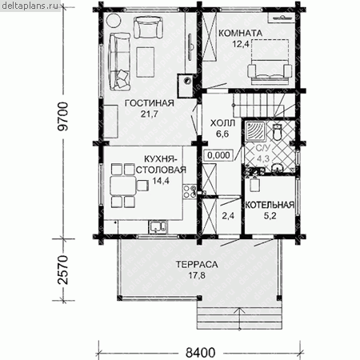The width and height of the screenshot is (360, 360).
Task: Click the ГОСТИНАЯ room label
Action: [x=150, y=103]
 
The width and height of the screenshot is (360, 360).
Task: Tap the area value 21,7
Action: [x=150, y=114]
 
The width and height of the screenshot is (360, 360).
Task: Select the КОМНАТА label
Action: [x=241, y=34]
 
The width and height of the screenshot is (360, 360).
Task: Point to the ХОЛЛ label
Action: [x=222, y=123]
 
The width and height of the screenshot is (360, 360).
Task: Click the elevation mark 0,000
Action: [x=218, y=155]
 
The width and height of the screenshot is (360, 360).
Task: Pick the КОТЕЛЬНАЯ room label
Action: [x=270, y=205]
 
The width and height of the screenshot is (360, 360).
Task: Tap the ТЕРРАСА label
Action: [x=197, y=264]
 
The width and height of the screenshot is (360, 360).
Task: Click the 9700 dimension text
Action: [x=64, y=116]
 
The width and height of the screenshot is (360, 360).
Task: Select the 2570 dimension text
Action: [x=64, y=270]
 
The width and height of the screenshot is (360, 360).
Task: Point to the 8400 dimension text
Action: [x=200, y=353]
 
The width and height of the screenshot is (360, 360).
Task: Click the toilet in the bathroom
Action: [x=278, y=131]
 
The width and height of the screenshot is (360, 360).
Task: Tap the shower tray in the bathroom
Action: [x=255, y=131]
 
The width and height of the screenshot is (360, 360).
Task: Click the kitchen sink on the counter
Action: [x=158, y=226]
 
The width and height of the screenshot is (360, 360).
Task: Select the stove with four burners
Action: [x=190, y=191]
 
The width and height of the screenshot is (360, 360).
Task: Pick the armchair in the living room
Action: [x=148, y=28]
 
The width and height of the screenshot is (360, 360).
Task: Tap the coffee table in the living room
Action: [x=146, y=62]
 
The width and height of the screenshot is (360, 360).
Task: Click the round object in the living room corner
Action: [x=113, y=21]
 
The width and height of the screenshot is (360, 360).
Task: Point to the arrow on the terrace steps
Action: [x=240, y=318]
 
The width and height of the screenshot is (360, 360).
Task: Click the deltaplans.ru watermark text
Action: [x=30, y=6]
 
